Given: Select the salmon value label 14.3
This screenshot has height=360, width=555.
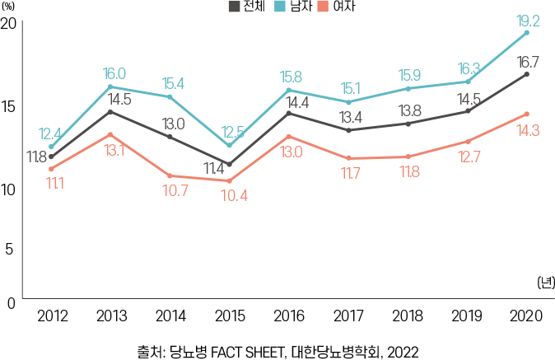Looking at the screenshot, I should click(x=527, y=130).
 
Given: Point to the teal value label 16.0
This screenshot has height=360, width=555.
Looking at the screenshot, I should click(x=114, y=73).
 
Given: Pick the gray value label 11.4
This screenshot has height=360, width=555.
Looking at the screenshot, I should click(x=214, y=169).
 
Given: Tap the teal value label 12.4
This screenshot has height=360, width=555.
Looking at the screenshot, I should click(x=50, y=133).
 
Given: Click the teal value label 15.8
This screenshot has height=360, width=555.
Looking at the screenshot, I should click(x=291, y=76).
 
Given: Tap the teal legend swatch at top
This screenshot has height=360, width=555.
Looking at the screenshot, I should click(x=280, y=7).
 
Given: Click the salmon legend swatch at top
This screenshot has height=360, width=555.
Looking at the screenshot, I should click(x=323, y=7).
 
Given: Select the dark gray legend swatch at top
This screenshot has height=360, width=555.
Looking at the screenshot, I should click(x=235, y=7).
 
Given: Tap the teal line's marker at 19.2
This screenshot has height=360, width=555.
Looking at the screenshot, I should click(x=527, y=32).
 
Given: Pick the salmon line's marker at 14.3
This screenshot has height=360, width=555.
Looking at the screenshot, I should click(x=527, y=114).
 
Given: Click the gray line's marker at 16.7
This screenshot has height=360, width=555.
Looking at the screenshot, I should click(x=527, y=74).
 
